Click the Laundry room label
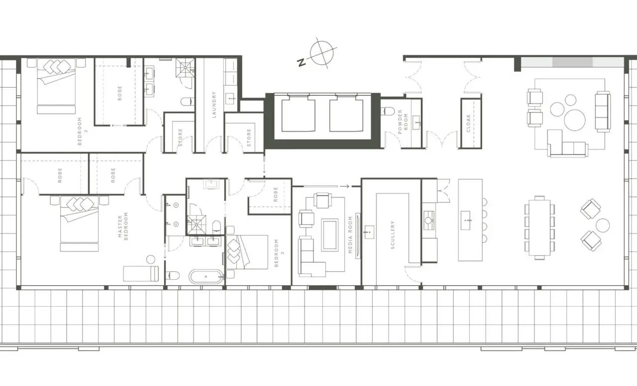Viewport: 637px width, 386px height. [x=214, y=105]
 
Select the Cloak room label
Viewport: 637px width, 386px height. [x=468, y=123]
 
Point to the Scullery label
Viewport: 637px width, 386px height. [x=393, y=235]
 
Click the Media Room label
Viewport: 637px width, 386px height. [x=350, y=235]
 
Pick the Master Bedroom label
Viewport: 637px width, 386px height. [x=123, y=226]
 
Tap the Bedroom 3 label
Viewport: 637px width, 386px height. [x=279, y=253]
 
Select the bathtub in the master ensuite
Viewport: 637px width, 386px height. [x=206, y=276]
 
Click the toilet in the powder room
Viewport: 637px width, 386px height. [x=388, y=111]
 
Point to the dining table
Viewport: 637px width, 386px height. [x=539, y=228]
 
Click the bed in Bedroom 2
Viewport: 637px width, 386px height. [x=57, y=86]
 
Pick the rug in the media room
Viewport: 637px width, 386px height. [x=330, y=235]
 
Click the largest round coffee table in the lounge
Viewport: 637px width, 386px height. [x=575, y=120]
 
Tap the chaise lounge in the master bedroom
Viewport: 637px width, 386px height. [x=141, y=273]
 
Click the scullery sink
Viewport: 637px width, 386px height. [x=369, y=232]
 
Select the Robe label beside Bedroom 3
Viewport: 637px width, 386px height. [x=275, y=194]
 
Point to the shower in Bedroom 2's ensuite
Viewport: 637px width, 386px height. [x=185, y=68]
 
